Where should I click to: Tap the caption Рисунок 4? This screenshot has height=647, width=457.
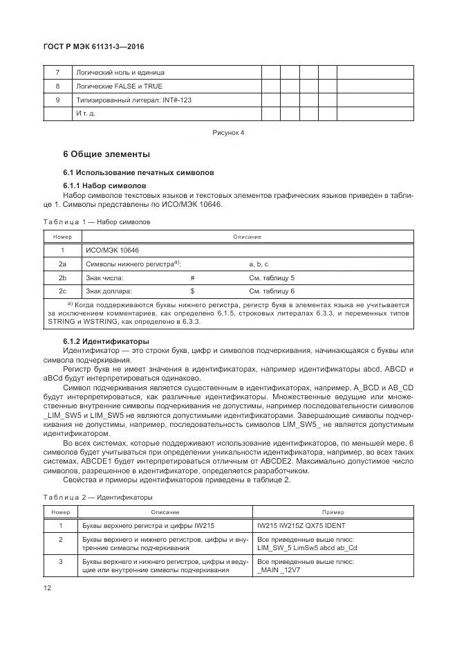click(x=227, y=131)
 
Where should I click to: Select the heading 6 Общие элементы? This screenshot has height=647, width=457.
click(x=106, y=154)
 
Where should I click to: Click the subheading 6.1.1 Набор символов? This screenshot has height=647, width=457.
click(x=104, y=186)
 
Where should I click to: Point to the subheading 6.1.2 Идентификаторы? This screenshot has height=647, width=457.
click(x=106, y=341)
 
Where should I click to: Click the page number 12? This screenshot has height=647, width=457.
click(x=48, y=588)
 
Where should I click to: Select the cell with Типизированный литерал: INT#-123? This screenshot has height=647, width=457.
click(x=133, y=100)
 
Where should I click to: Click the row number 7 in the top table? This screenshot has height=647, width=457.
click(x=57, y=73)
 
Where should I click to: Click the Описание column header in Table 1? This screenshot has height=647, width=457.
click(x=247, y=237)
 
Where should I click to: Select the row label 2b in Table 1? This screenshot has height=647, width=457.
click(x=62, y=277)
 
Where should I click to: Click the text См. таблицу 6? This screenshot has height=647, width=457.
click(x=272, y=291)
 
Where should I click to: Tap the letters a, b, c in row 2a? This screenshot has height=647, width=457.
click(x=259, y=264)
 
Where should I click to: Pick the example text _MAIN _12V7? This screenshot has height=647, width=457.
click(x=279, y=572)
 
